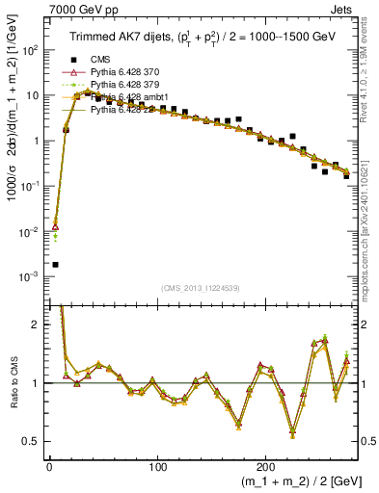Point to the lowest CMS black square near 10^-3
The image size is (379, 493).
[x=55, y=264]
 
